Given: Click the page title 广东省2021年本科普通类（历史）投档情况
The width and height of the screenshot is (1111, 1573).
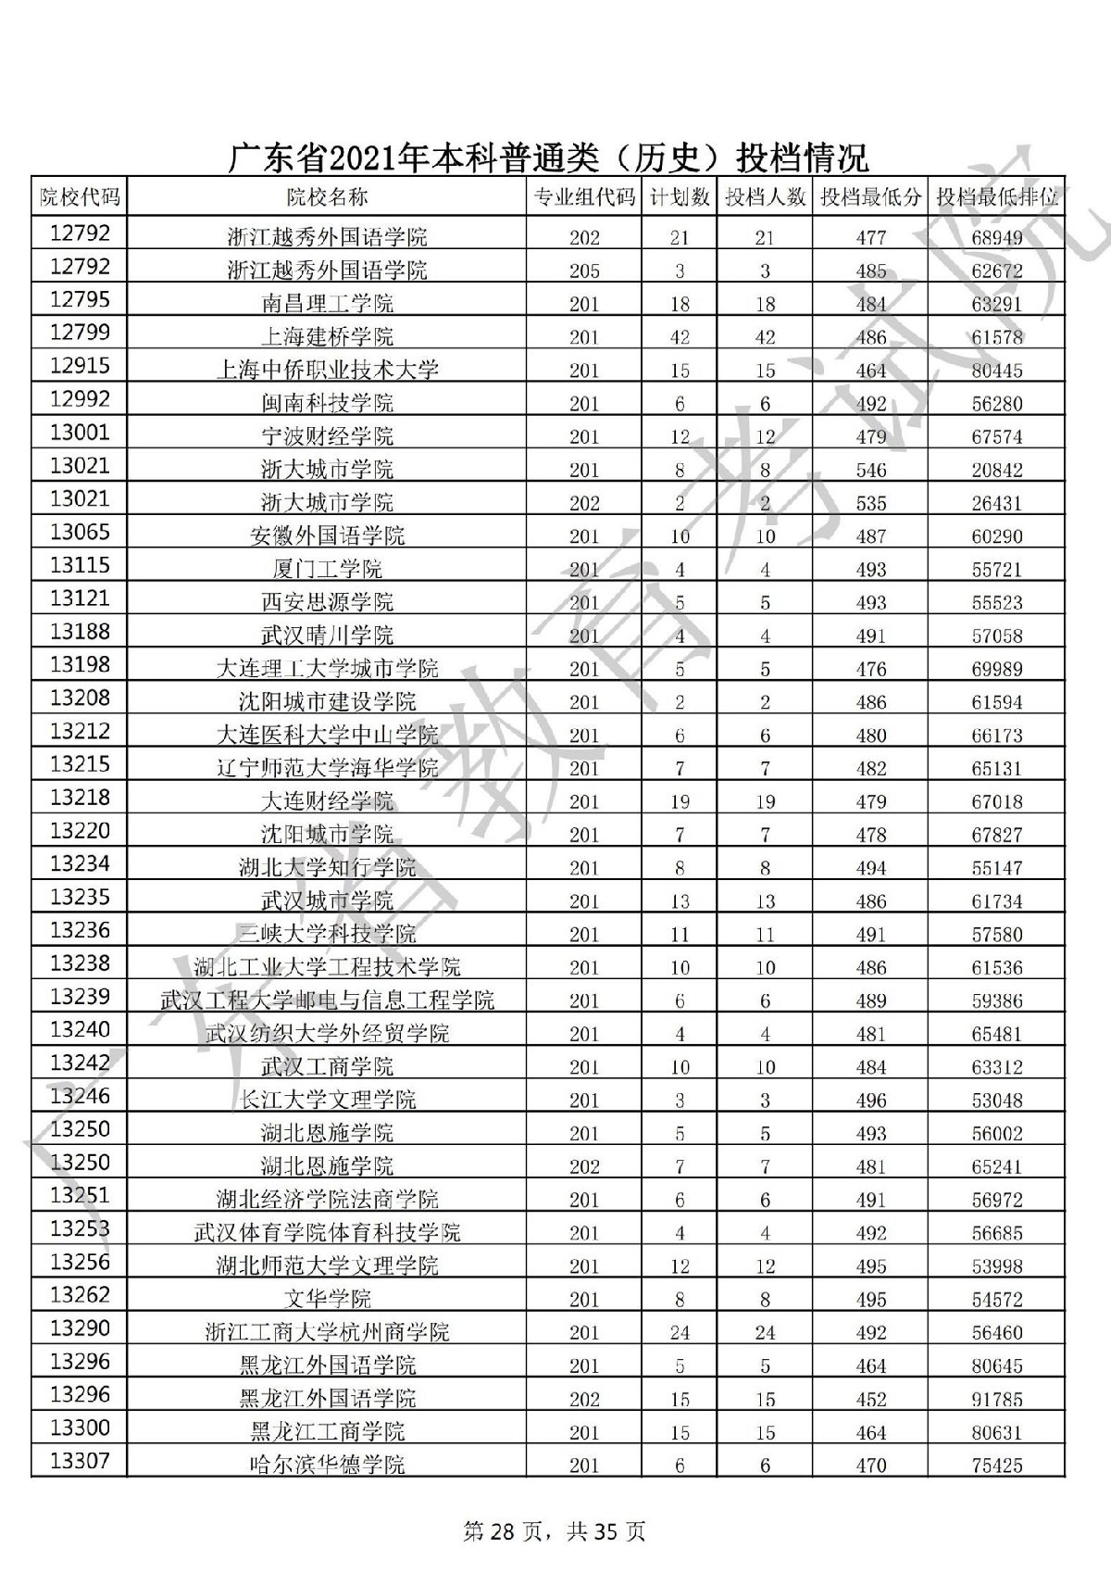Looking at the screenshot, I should tap(548, 158).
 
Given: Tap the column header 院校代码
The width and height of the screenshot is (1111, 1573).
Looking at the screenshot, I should tap(80, 196).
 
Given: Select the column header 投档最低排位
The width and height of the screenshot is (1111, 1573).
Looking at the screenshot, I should tap(997, 197).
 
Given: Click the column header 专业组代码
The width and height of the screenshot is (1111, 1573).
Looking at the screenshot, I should tap(584, 197).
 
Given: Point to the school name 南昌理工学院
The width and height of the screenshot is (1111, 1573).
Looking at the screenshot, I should tap(327, 304).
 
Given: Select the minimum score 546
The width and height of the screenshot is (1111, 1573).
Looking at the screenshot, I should tap(871, 470).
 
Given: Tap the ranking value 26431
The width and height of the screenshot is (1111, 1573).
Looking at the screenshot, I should tap(997, 503).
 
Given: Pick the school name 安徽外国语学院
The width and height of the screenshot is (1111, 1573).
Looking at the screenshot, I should tap(327, 536).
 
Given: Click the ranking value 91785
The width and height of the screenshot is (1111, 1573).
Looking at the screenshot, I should tap(997, 1399).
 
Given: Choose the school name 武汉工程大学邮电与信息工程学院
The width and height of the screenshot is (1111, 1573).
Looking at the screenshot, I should tap(327, 1000).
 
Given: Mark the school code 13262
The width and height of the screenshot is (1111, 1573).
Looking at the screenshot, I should tap(80, 1295).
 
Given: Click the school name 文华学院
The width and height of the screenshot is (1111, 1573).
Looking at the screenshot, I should tap(327, 1299).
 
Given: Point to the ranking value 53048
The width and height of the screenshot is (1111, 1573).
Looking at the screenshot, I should tap(997, 1101).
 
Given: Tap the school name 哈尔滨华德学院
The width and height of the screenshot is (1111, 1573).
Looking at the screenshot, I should tap(327, 1466).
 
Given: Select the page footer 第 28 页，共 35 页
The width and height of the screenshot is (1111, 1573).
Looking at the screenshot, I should tap(554, 1531).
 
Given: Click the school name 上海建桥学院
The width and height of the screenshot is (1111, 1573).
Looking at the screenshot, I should tap(327, 337).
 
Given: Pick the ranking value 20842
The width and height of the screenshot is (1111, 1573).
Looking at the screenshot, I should tap(997, 470).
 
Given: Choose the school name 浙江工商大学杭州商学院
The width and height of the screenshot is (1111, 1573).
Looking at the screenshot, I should tap(327, 1332).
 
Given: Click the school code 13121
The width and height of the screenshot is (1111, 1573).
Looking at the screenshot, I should tap(80, 598).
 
